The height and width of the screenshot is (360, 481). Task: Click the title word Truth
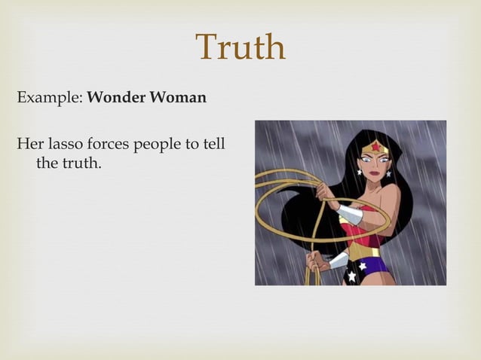(x=240, y=48)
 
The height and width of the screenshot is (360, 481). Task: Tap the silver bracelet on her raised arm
(x=348, y=213)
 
